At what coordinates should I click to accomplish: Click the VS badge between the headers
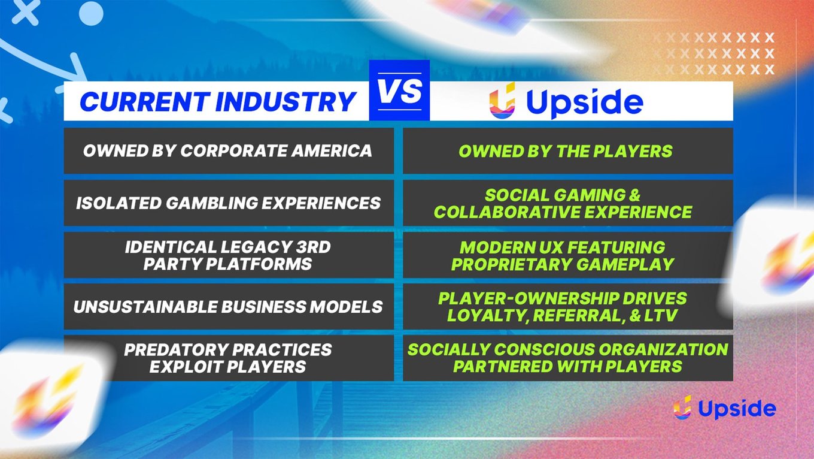pyautogui.click(x=399, y=90)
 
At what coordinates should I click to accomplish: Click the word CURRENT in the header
pyautogui.click(x=145, y=101)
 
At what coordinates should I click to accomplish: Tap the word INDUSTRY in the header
pyautogui.click(x=285, y=101)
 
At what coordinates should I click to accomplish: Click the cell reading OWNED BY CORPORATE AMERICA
pyautogui.click(x=229, y=150)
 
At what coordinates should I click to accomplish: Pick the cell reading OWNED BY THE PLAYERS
pyautogui.click(x=567, y=150)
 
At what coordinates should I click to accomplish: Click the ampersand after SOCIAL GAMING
pyautogui.click(x=634, y=195)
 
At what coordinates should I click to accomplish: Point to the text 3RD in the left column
pyautogui.click(x=313, y=247)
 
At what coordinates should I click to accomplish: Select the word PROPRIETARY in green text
pyautogui.click(x=511, y=264)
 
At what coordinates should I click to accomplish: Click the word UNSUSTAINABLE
pyautogui.click(x=145, y=307)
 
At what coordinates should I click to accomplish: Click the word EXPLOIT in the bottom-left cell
pyautogui.click(x=186, y=367)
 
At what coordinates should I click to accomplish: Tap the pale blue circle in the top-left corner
pyautogui.click(x=91, y=13)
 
